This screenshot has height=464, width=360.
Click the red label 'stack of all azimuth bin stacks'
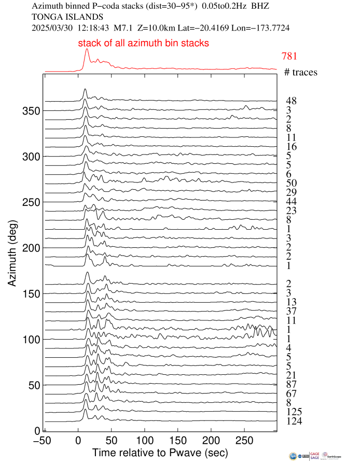pyautogui.click(x=143, y=44)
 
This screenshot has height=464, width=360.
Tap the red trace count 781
pyautogui.click(x=289, y=57)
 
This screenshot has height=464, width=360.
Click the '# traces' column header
pyautogui.click(x=301, y=72)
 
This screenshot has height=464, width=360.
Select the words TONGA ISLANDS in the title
pyautogui.click(x=61, y=17)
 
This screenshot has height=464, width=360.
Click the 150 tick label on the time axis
pyautogui.click(x=178, y=440)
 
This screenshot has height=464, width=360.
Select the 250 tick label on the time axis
pyautogui.click(x=244, y=440)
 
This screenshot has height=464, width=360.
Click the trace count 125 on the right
pyautogui.click(x=294, y=412)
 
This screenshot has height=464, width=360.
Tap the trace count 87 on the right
pyautogui.click(x=291, y=384)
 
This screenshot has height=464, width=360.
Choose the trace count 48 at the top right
pyautogui.click(x=291, y=101)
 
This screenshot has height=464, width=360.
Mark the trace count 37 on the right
pyautogui.click(x=291, y=311)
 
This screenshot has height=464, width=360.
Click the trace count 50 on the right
pyautogui.click(x=291, y=182)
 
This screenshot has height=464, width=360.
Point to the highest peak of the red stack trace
pyautogui.click(x=87, y=49)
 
